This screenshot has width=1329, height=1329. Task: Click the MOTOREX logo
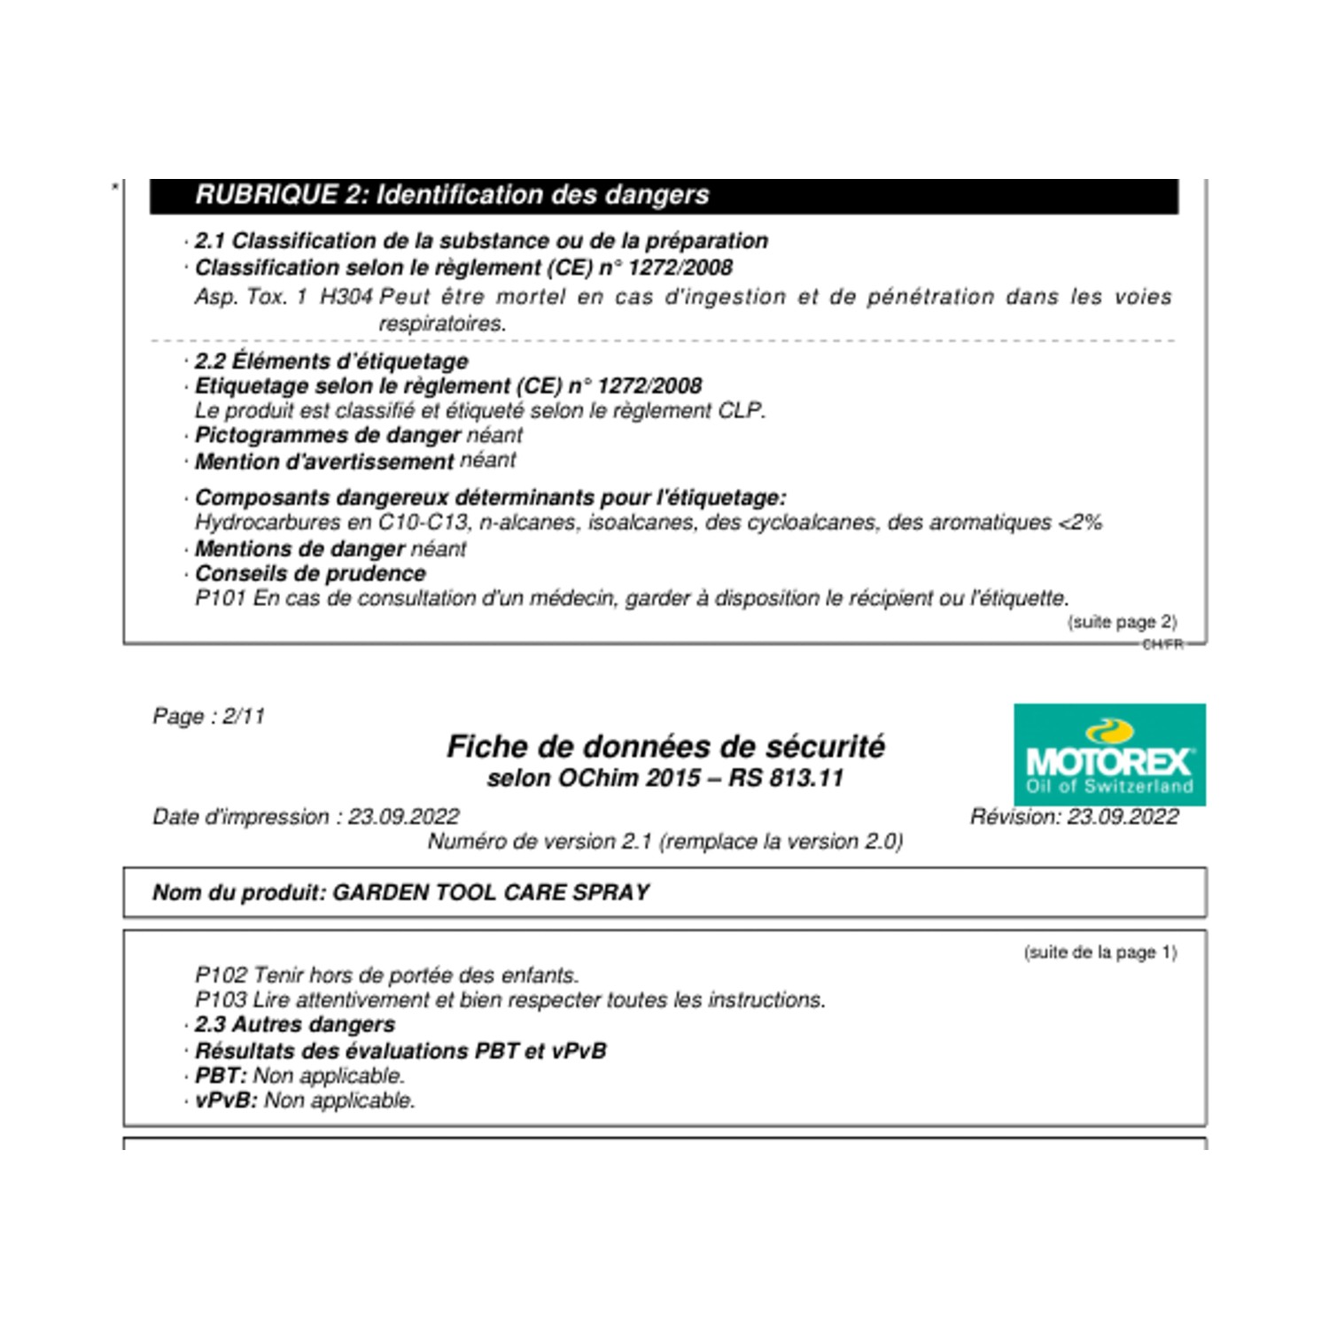(1109, 755)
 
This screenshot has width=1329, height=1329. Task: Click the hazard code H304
(346, 297)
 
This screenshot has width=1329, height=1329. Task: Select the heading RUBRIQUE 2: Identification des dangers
(452, 195)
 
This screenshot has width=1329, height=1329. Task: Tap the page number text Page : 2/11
(208, 716)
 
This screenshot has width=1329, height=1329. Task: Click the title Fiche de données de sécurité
(665, 747)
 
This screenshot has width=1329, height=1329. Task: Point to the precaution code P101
(220, 599)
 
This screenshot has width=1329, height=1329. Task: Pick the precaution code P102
(220, 975)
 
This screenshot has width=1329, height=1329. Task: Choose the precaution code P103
(220, 1000)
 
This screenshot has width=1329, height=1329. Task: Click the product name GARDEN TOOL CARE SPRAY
(491, 892)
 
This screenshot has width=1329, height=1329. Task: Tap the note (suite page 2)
(1122, 622)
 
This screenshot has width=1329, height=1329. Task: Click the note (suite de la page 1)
(1100, 952)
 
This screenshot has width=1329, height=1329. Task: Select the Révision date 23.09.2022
(1123, 817)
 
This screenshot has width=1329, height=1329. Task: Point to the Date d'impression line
(306, 817)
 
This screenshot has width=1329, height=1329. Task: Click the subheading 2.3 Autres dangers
(295, 1025)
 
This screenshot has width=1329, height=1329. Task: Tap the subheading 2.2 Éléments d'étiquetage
(331, 361)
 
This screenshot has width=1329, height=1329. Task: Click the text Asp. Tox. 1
(251, 297)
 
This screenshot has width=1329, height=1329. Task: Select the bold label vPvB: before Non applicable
(226, 1100)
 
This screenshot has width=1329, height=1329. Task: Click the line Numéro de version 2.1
(665, 842)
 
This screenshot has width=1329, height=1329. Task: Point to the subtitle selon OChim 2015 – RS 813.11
(665, 779)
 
